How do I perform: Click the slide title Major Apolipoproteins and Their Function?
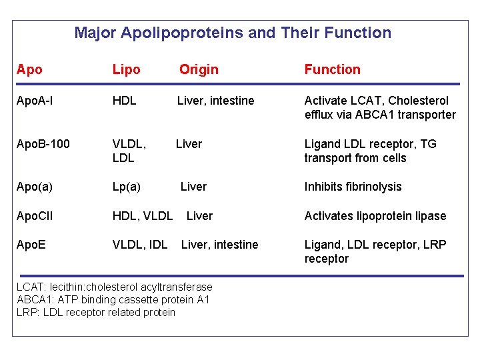pos(233,33)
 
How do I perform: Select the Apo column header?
pos(29,69)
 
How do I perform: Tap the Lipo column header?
pos(127,69)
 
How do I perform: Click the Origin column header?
pos(199,69)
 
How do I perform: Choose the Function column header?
pos(332,69)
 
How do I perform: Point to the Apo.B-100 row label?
pos(43,143)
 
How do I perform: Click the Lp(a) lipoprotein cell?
pos(127,187)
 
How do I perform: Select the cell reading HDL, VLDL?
pos(143,216)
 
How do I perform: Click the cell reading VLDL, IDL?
pos(140,245)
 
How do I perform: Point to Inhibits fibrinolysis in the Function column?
pos(353,187)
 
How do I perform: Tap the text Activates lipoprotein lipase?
pos(375,216)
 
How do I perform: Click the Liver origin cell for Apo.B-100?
pos(189,143)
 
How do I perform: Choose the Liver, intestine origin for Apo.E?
pos(219,245)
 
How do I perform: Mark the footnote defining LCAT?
pos(115,287)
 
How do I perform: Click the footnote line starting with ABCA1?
pos(113,299)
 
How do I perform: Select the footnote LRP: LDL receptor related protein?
pos(96,312)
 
